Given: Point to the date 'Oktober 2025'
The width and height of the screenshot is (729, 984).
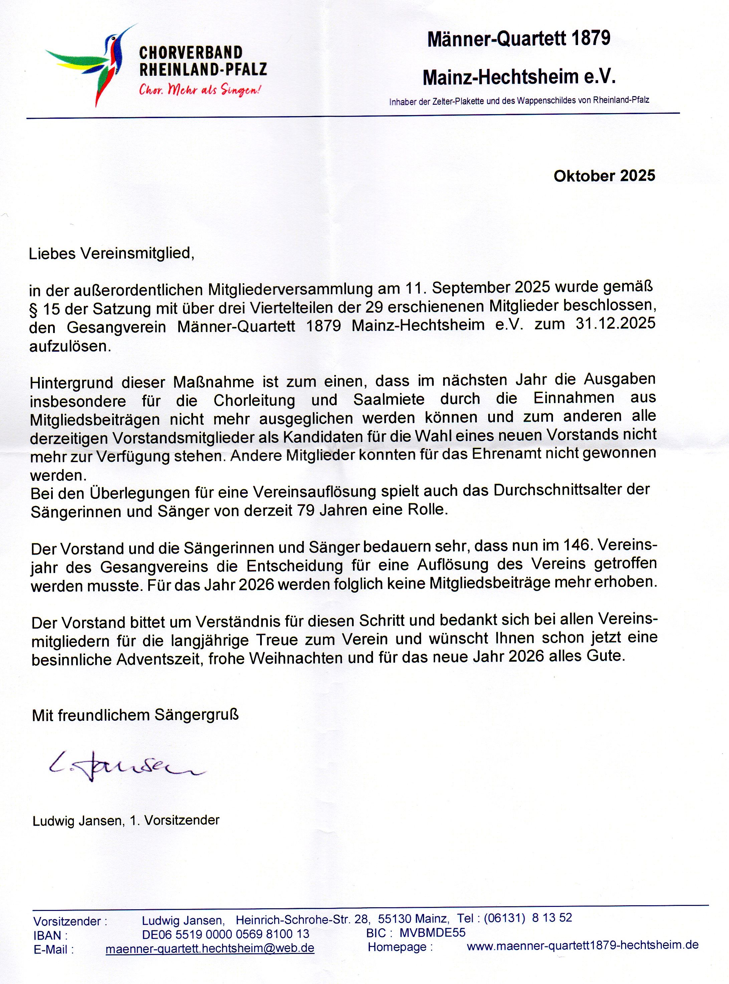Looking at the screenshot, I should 604,176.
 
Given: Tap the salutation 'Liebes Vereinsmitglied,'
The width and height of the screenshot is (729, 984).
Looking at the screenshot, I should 112,254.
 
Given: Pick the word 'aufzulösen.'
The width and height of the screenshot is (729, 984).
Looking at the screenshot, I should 70,346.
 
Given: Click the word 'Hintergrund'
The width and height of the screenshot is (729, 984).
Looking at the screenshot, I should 71,382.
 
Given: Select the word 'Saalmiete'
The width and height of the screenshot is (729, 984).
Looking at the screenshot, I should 389,399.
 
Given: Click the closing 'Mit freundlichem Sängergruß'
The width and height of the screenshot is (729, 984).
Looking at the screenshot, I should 135,715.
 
